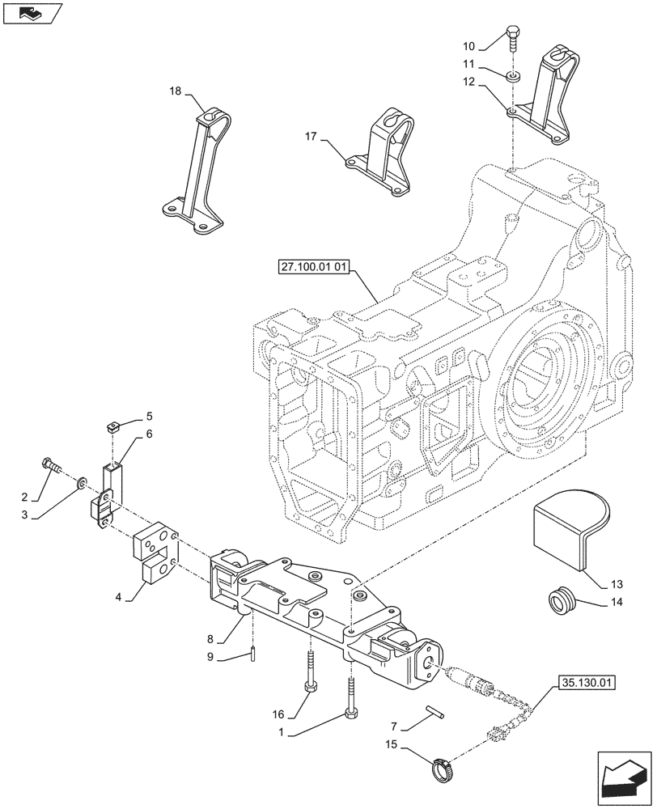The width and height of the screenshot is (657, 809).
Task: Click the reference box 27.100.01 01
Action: tap(311, 269)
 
